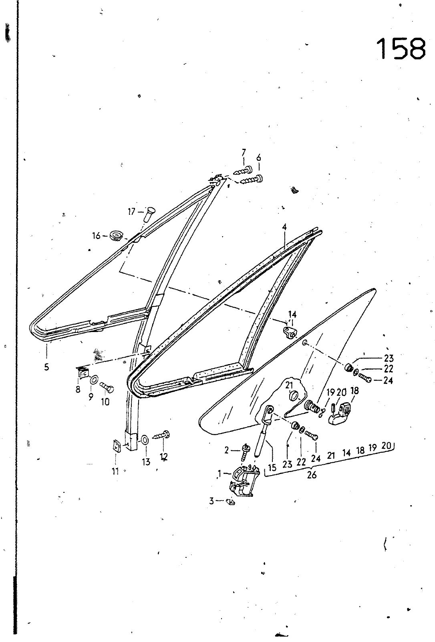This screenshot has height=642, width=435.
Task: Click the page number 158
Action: point(401,49)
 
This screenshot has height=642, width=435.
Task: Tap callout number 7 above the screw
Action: point(244,152)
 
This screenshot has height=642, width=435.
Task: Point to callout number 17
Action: point(131,212)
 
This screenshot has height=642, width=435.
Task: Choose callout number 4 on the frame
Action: point(284,227)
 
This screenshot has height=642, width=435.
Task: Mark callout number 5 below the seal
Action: point(47,367)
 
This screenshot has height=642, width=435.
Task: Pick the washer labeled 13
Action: point(145,439)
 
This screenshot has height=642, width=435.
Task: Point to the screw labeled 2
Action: point(246,452)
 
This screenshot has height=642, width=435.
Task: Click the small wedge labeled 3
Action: point(230,502)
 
